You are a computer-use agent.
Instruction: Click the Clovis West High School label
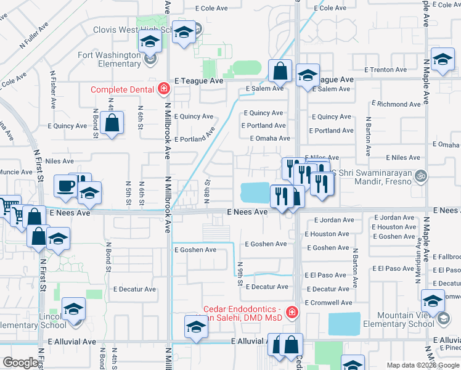point(133,30)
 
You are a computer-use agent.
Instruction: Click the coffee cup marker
point(66,186)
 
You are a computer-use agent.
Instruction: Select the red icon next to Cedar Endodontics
point(290,313)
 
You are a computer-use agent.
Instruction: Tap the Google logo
point(20,363)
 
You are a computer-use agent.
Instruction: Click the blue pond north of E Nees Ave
point(256,192)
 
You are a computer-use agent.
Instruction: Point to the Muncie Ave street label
point(17,172)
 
